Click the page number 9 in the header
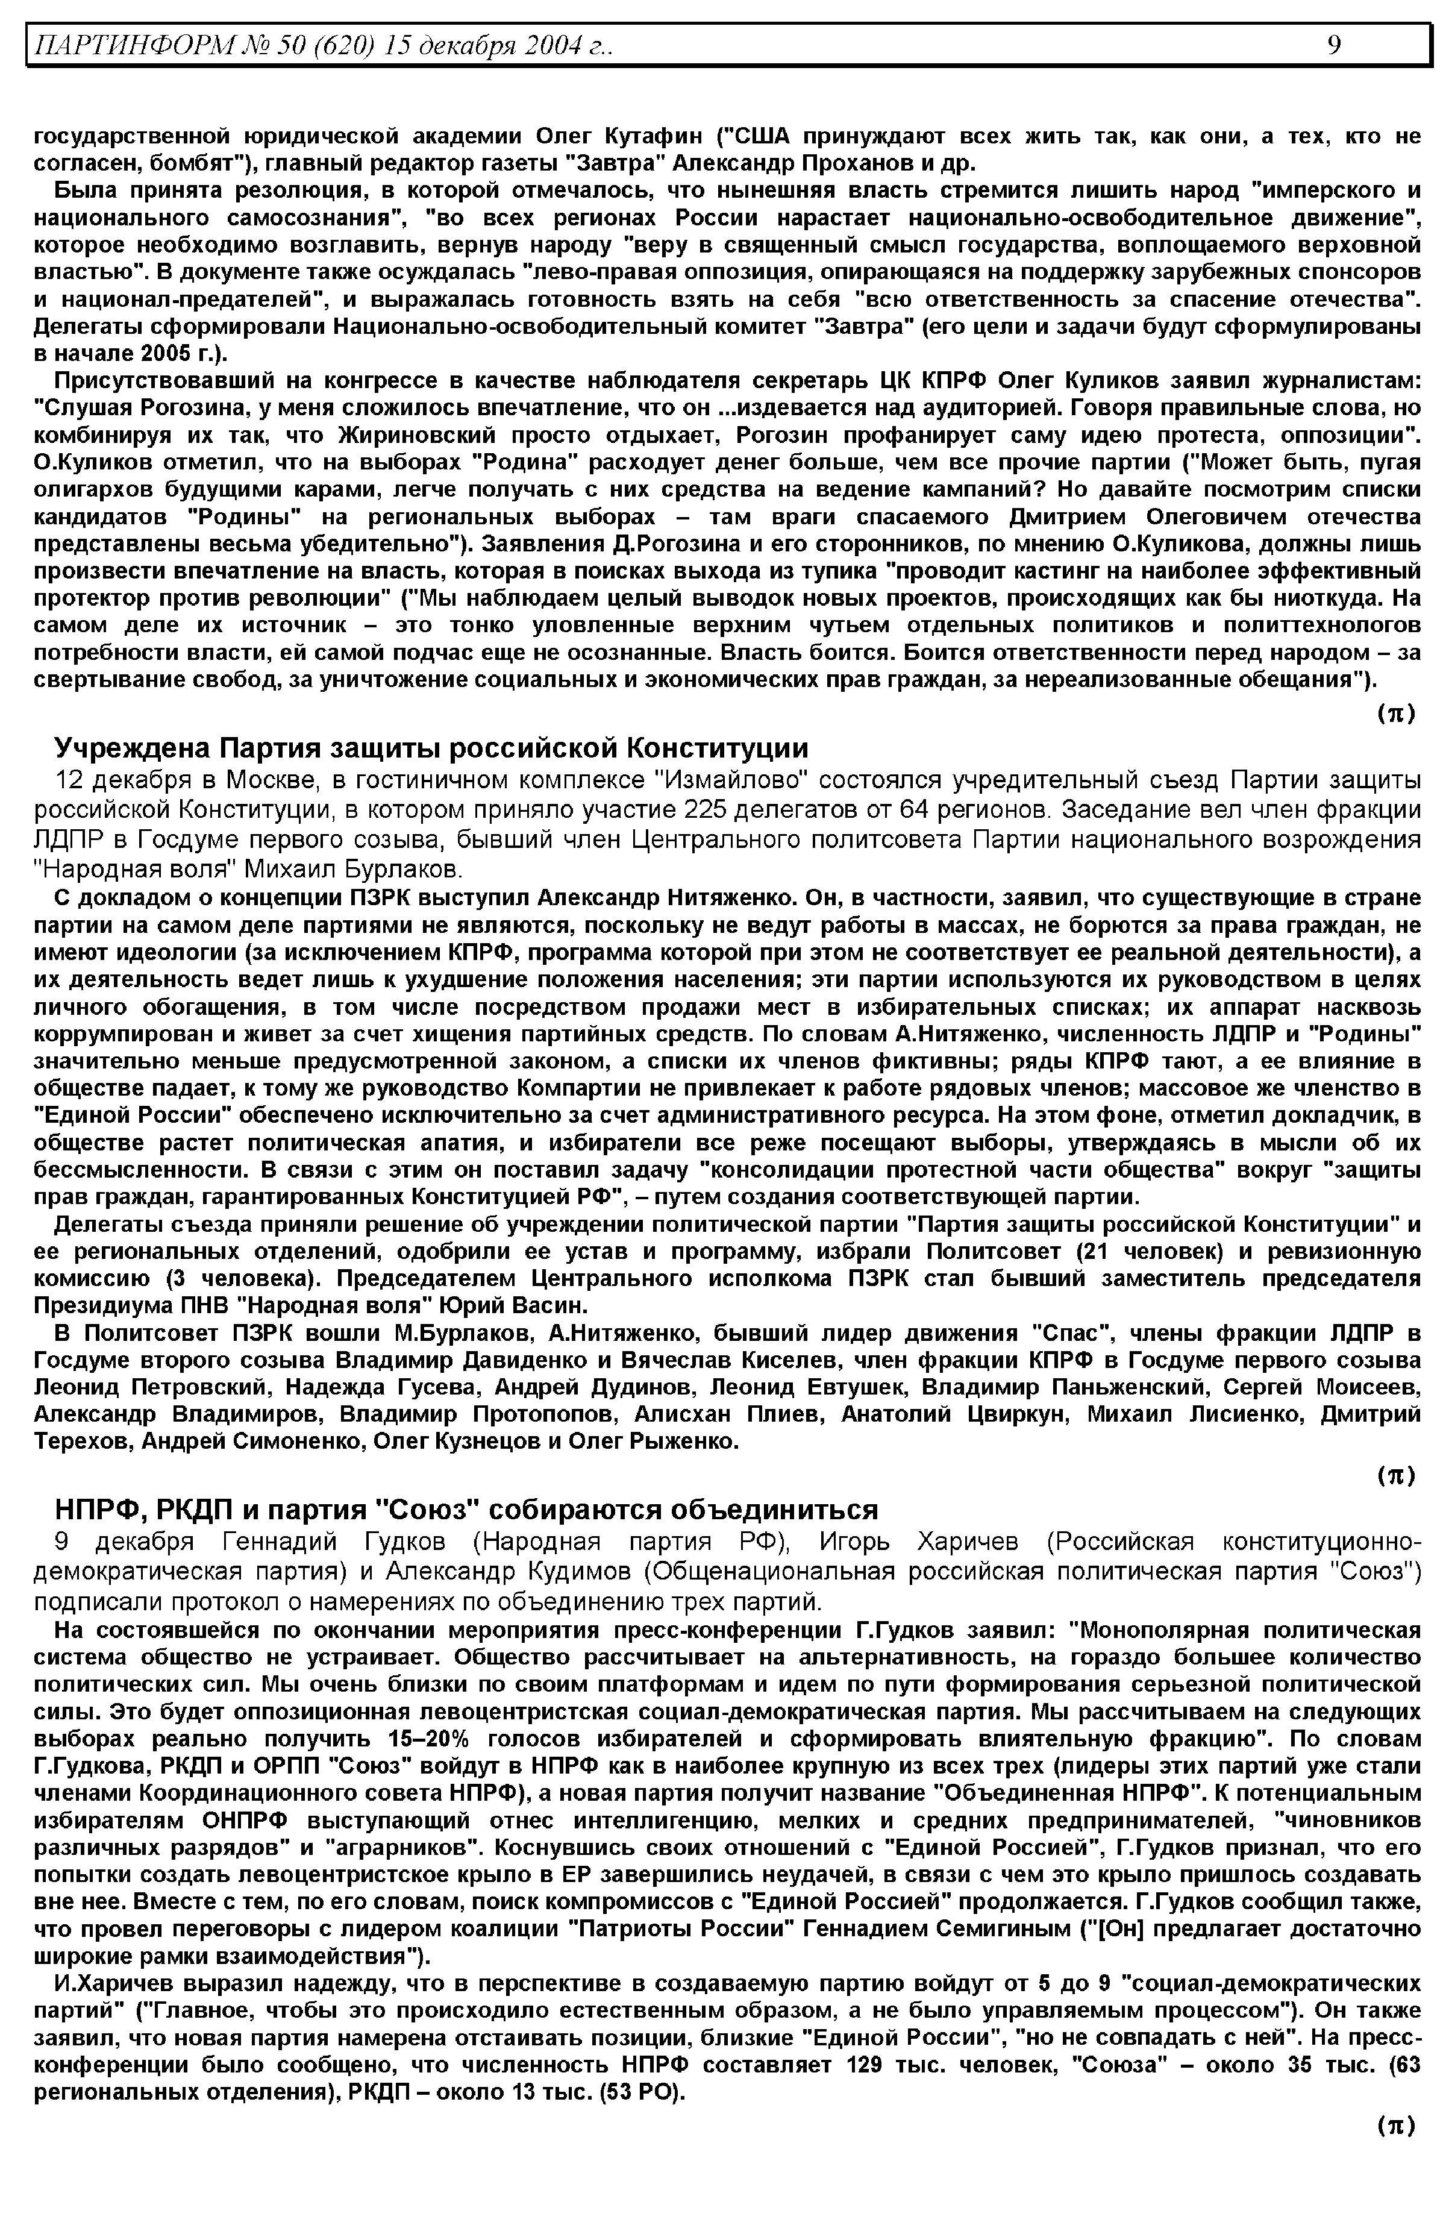[x=1335, y=44]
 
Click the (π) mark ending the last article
[x=1396, y=2126]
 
